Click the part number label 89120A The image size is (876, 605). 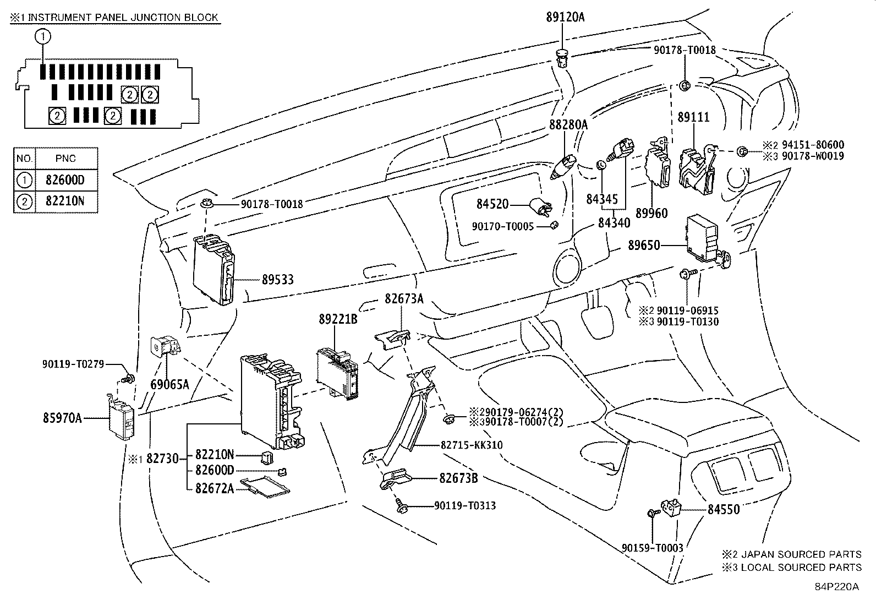565,17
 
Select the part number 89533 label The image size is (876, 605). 277,280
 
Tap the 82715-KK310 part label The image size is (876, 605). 472,445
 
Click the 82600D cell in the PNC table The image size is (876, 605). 65,180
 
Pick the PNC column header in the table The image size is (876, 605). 65,159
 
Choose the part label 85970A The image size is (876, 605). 62,418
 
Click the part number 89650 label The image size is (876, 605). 644,246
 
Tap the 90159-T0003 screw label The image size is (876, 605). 653,548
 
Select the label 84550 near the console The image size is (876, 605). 723,510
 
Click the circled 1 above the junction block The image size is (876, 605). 43,37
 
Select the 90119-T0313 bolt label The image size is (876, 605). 465,505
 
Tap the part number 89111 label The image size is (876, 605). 693,117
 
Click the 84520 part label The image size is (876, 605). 492,204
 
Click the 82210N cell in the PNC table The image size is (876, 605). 65,201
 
